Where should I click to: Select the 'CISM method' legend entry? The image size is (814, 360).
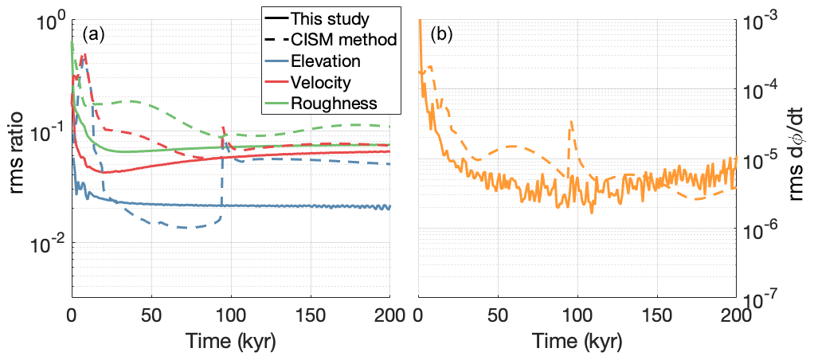(344, 39)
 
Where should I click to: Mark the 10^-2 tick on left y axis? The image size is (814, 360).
(50, 243)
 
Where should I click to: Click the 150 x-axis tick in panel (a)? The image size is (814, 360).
(311, 314)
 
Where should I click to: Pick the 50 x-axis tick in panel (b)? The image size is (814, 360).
(498, 314)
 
